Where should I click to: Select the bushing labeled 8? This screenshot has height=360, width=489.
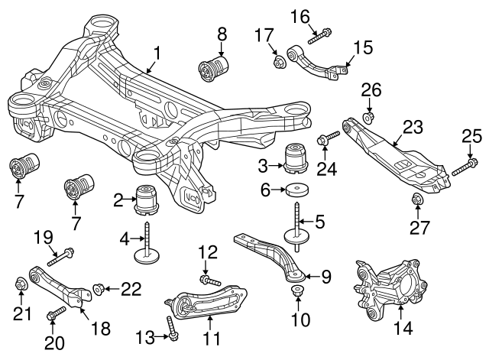click(x=214, y=67)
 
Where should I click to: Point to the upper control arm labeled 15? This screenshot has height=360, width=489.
click(x=317, y=64)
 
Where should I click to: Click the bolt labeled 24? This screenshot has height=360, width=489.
click(x=328, y=140)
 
